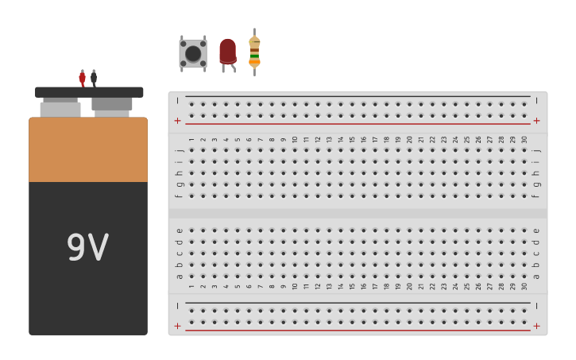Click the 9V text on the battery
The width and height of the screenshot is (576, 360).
click(88, 246)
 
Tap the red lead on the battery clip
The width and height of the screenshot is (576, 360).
click(83, 78)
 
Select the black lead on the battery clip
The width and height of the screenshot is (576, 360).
click(94, 78)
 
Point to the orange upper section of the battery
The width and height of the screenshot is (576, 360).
click(88, 149)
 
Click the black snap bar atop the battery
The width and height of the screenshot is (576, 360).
click(89, 92)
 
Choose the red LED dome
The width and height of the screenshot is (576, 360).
click(228, 52)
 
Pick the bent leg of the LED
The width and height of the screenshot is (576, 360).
click(234, 68)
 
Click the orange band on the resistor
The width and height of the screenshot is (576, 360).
click(254, 62)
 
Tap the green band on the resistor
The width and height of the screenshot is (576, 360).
click(254, 56)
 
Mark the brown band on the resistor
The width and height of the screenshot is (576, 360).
click(254, 50)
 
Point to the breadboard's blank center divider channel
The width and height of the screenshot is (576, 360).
click(358, 214)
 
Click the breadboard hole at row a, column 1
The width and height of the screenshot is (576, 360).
click(191, 277)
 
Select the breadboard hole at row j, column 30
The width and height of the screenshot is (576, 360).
click(524, 150)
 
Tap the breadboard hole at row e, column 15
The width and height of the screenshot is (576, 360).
click(352, 230)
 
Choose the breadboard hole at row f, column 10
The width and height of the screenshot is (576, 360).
click(295, 195)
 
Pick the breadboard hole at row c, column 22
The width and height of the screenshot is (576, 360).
click(432, 254)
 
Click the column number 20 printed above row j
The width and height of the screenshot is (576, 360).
click(409, 140)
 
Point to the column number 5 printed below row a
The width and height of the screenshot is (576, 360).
click(238, 286)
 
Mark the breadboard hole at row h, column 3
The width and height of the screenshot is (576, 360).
click(215, 173)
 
